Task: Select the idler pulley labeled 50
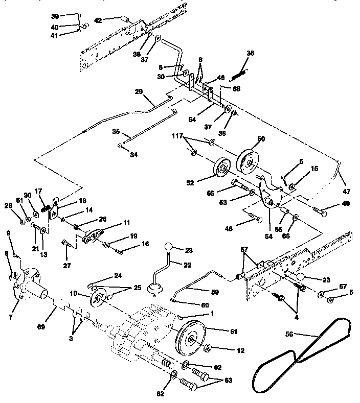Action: tap(249, 162)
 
